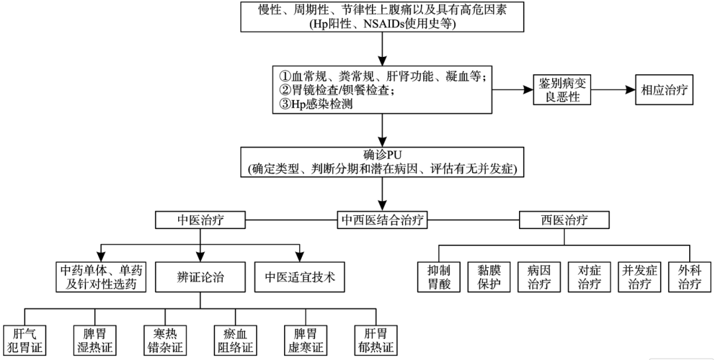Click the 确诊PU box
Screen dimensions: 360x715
(383, 162)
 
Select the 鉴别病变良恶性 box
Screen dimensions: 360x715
(562, 89)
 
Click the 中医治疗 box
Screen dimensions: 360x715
(201, 220)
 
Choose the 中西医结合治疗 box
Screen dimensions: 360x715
(383, 220)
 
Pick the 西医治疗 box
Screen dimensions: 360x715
(563, 220)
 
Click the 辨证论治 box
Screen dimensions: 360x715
(200, 277)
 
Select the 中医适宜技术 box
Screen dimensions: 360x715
(300, 277)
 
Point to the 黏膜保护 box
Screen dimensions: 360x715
(487, 277)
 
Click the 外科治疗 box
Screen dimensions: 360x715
(689, 277)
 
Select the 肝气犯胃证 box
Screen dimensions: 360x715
(24, 339)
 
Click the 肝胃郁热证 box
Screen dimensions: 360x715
(375, 339)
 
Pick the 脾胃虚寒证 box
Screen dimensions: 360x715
(305, 339)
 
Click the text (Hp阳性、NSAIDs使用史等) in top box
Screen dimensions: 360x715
(383, 24)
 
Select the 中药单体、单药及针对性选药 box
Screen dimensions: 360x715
(100, 277)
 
